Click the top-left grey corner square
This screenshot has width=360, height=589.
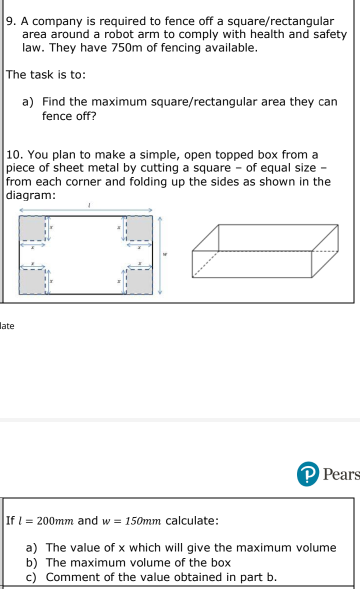[x=32, y=228]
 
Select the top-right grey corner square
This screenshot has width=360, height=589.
[x=139, y=228]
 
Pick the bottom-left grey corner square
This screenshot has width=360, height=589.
[x=32, y=282]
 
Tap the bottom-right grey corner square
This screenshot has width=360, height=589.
[x=139, y=282]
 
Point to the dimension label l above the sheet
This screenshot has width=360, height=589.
[x=88, y=204]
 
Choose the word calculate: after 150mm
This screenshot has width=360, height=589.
[x=192, y=521]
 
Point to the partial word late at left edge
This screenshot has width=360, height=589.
[x=7, y=326]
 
